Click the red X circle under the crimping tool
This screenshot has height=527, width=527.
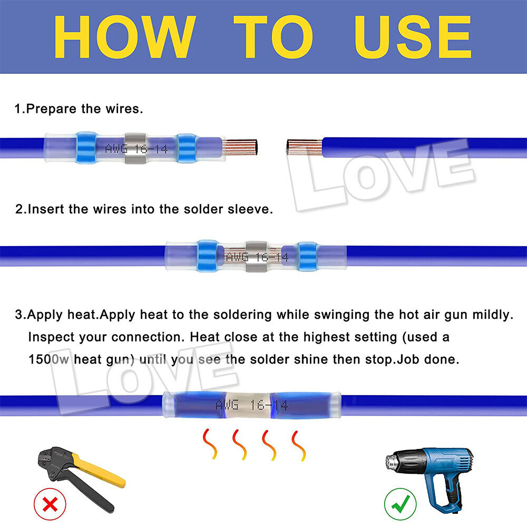click(x=50, y=505)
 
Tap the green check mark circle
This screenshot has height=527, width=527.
click(x=400, y=505)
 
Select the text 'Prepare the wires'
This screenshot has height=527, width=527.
click(x=84, y=109)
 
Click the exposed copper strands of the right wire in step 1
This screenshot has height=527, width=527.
click(x=305, y=148)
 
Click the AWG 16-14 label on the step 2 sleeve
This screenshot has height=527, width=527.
click(x=257, y=257)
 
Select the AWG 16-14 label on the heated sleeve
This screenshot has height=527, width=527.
click(x=251, y=405)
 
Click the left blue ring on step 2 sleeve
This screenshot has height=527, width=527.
click(x=208, y=256)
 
